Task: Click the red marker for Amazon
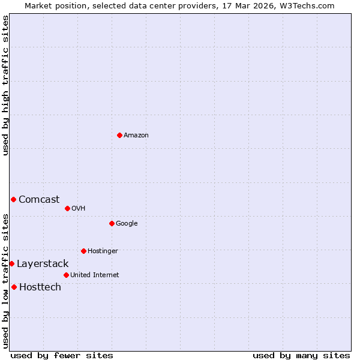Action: click(119, 135)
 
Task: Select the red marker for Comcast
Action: click(13, 199)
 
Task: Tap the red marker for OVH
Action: click(67, 208)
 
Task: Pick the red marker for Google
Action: click(112, 223)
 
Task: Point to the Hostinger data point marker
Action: click(83, 251)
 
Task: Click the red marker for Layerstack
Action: click(11, 263)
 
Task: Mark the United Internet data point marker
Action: click(66, 275)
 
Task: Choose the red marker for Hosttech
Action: click(14, 287)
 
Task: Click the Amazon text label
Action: click(136, 135)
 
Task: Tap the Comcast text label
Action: click(39, 199)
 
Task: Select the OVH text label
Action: click(78, 208)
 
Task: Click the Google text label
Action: click(127, 223)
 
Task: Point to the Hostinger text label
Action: click(103, 251)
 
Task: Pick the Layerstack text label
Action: click(43, 263)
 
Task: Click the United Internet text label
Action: click(94, 275)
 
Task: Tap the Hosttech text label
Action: click(40, 287)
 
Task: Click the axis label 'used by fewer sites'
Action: click(62, 355)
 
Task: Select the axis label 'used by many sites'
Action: click(301, 355)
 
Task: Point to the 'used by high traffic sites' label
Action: click(5, 85)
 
